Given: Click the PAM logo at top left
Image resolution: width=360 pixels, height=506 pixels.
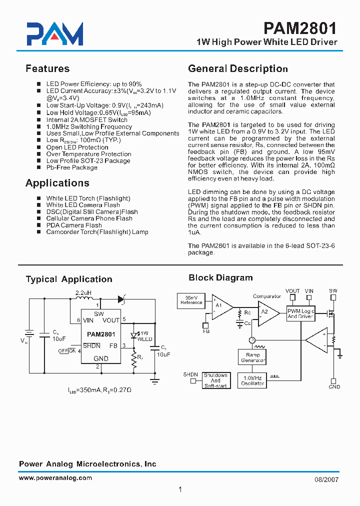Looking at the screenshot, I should tap(54, 34).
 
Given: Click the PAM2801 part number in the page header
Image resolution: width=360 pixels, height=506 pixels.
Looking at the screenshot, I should tap(300, 27).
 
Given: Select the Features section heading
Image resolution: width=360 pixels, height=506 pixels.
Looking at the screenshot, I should tap(47, 68).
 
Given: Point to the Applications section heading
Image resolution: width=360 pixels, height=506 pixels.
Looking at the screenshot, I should tap(57, 183).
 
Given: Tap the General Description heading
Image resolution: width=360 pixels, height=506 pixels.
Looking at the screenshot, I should tap(237, 68).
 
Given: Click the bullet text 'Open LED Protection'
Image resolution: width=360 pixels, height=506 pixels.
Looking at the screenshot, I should tap(77, 147).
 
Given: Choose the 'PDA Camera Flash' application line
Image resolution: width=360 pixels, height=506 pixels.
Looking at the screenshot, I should tap(74, 225).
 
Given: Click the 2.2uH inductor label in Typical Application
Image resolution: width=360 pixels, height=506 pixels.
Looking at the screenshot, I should tap(83, 292).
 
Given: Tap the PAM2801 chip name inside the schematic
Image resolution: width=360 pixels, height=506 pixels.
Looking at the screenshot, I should tap(101, 334).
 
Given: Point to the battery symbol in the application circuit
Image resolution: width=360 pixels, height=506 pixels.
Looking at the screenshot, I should tap(29, 333).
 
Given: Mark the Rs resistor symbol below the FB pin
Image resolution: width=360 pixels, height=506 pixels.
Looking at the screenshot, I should tap(134, 360).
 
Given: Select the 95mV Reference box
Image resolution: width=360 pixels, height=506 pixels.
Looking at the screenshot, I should tap(191, 300).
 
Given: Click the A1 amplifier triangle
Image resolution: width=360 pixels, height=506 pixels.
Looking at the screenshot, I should tap(221, 305).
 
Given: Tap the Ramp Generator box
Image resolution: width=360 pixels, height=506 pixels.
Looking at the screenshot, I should tap(253, 357).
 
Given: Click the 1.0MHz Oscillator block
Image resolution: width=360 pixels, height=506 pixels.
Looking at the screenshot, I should tap(253, 380).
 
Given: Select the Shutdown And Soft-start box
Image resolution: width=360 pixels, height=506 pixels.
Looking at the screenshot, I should tap(215, 380).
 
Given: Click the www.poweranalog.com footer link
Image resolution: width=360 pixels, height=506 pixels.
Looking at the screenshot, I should tap(55, 478).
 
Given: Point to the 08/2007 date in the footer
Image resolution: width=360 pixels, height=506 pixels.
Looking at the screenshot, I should tap(327, 479).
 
